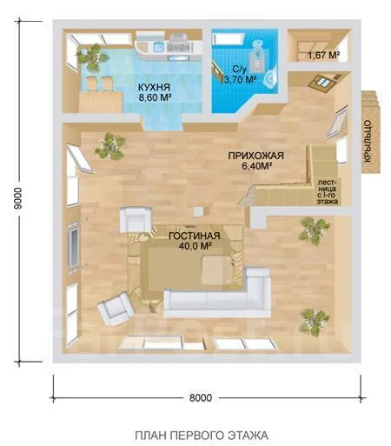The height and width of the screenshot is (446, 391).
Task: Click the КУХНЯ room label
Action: pos(154,87)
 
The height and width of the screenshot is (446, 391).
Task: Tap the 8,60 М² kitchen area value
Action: pos(155,97)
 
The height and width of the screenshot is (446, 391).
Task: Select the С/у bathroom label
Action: pos(239,69)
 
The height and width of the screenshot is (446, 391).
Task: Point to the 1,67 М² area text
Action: pos(323,55)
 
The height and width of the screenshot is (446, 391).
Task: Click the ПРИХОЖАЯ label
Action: pos(256,156)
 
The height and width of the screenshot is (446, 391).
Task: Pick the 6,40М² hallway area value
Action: pos(256,166)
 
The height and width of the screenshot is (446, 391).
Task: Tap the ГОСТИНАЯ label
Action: pos(195,236)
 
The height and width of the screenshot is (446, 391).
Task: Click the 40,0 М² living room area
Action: pos(195,246)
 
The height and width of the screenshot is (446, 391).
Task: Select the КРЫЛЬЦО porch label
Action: pos(368,141)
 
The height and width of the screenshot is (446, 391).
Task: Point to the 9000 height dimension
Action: pos(17,198)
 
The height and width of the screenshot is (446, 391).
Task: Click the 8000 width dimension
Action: pos(201,397)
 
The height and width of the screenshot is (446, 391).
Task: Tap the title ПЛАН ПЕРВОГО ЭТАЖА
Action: pos(202,435)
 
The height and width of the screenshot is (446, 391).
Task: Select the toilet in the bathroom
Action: pos(257,55)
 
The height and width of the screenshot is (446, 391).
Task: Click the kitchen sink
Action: pos(159,46)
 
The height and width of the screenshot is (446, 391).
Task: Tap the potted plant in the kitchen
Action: pos(92,57)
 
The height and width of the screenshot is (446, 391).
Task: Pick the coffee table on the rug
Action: pos(216,270)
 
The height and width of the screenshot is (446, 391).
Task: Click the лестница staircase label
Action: pos(328,192)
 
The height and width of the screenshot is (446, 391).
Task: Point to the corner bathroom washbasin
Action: pos(271,77)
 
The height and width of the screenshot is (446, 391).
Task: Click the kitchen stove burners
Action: pos(178,47)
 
